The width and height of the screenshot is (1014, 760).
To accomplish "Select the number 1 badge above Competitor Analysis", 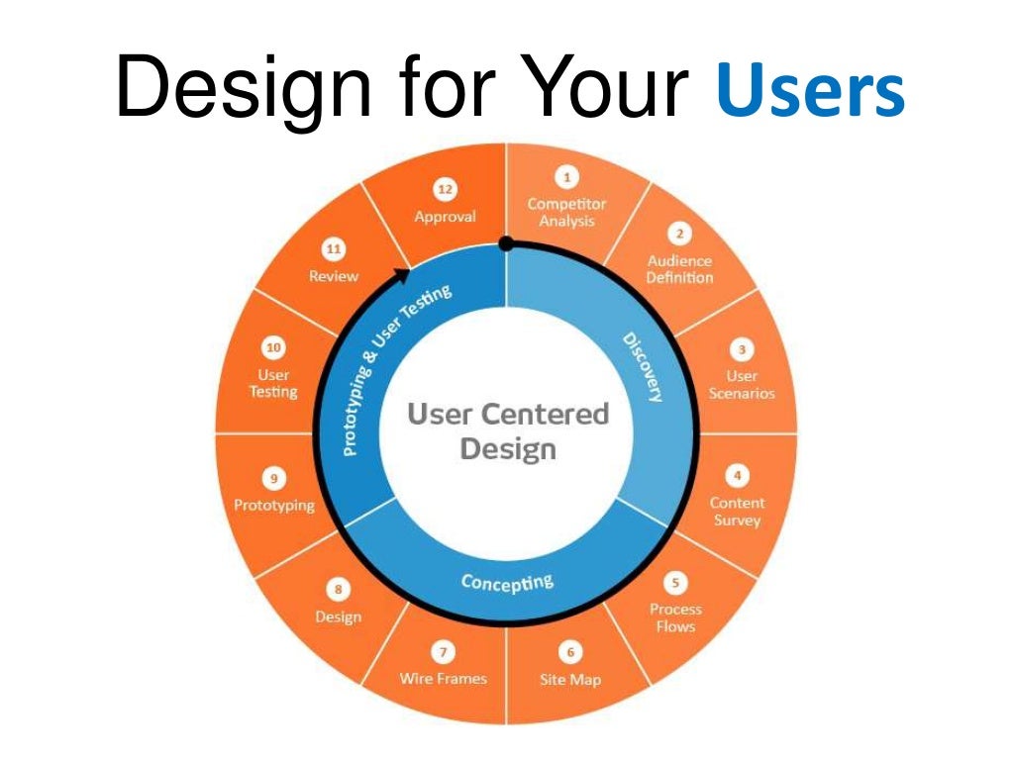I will (566, 177).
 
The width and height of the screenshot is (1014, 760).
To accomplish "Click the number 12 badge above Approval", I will (445, 188).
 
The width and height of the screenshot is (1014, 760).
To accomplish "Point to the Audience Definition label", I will (679, 269).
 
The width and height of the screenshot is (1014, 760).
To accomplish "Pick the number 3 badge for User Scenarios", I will (742, 350).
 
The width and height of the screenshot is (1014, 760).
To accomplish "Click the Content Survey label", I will (737, 512).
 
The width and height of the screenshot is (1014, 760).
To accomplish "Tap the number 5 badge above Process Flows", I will (676, 584).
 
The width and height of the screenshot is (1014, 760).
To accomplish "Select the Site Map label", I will (569, 679).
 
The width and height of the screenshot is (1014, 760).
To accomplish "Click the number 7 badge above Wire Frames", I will (443, 652).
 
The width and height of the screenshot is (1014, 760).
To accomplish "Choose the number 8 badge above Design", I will (339, 590).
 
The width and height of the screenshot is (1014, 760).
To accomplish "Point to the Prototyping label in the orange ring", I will (274, 505).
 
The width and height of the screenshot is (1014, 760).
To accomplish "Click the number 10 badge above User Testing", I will (273, 348).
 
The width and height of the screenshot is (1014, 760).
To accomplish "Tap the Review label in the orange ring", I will (334, 276).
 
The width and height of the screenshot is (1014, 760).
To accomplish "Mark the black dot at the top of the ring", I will (506, 242).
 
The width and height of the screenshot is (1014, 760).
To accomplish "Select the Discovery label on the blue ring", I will (643, 367).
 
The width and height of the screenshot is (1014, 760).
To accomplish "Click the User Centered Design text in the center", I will (507, 430).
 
